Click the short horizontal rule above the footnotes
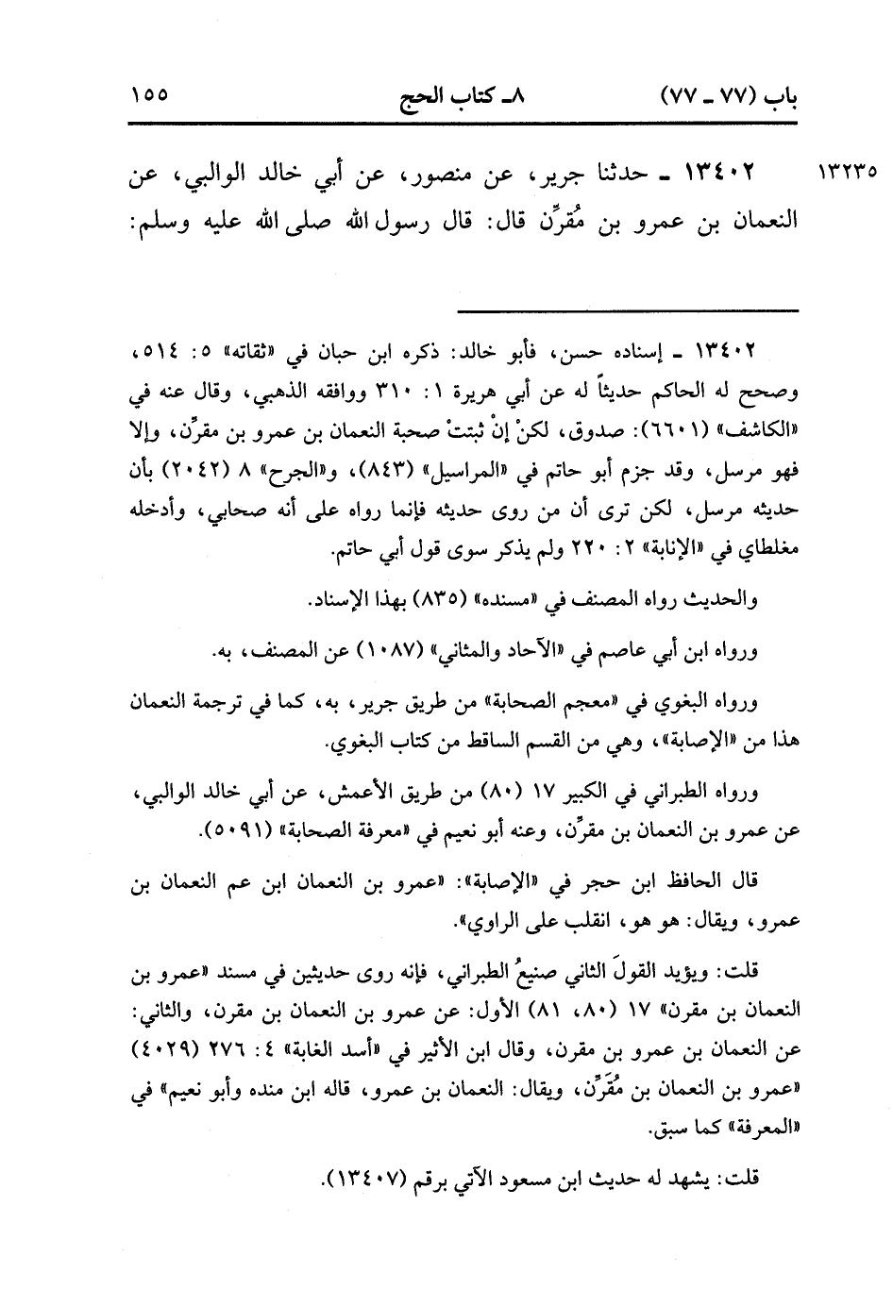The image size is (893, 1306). click(629, 310)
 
